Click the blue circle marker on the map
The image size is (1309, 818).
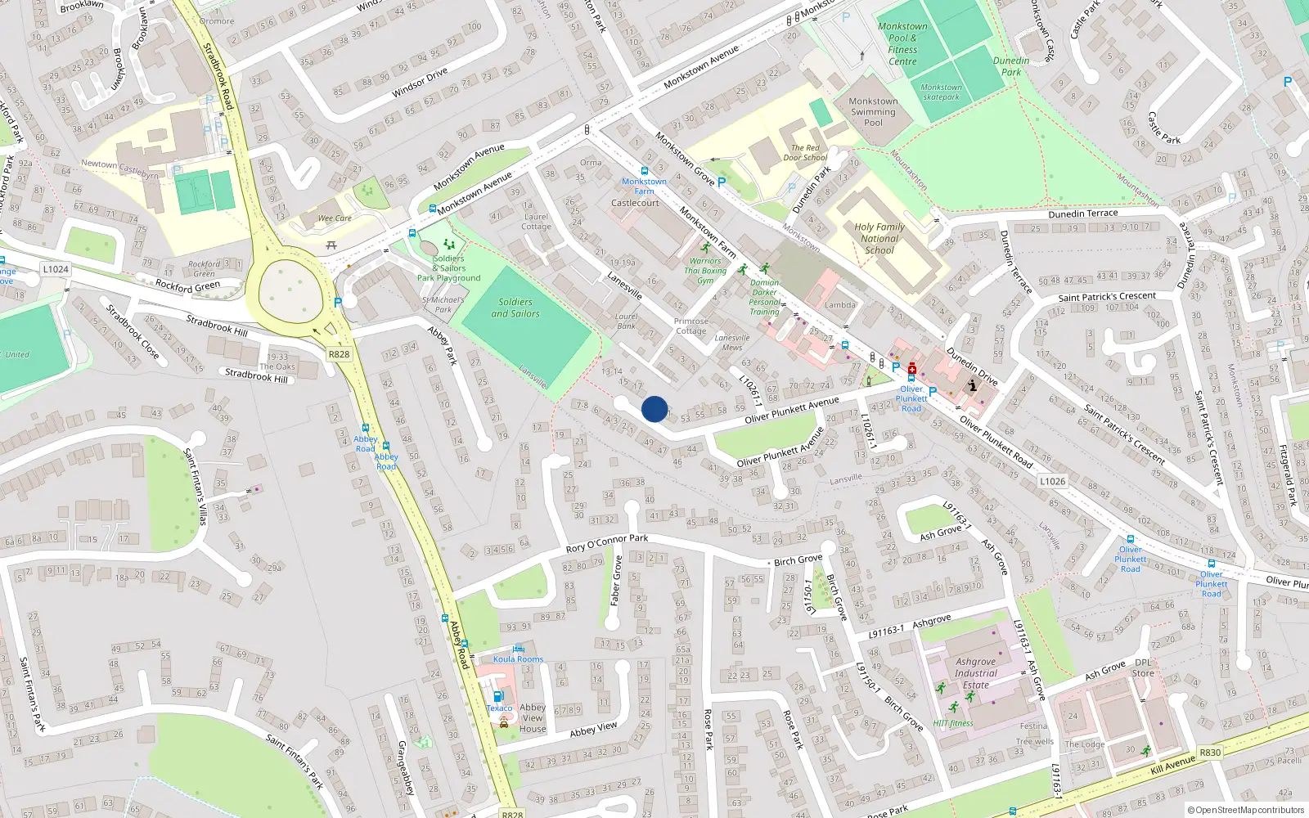click(x=654, y=409)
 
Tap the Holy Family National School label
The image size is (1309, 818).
click(x=879, y=239)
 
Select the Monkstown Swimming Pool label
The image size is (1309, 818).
click(x=873, y=112)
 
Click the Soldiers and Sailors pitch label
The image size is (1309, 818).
click(x=515, y=308)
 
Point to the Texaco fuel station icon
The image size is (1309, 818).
click(x=498, y=696)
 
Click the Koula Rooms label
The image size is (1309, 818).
click(x=518, y=659)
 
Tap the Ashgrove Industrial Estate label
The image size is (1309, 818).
click(x=976, y=673)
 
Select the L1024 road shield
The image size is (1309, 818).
click(x=56, y=269)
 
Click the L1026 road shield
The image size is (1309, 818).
click(x=1053, y=481)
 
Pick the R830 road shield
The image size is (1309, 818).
click(x=1210, y=753)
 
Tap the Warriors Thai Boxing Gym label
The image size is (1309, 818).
click(x=705, y=271)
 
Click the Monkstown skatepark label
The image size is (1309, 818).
click(x=941, y=92)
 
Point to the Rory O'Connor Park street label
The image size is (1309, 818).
click(x=607, y=543)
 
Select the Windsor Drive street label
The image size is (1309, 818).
click(x=420, y=83)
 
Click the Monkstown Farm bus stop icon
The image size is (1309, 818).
click(x=645, y=171)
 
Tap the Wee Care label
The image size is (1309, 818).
click(x=335, y=218)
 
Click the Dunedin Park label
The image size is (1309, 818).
click(x=1011, y=66)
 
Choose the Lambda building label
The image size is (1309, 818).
click(x=840, y=305)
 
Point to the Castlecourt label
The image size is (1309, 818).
click(x=635, y=203)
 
